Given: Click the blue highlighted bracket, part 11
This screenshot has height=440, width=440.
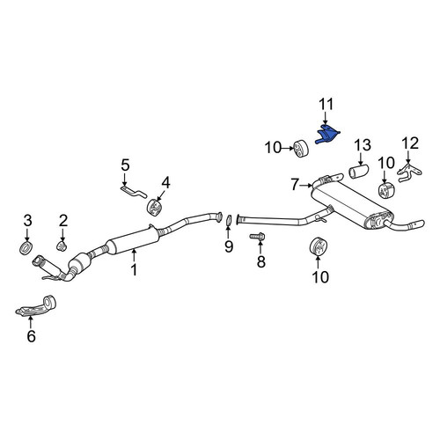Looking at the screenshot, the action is (x=327, y=134).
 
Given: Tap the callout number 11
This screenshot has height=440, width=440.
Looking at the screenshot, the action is (x=326, y=104).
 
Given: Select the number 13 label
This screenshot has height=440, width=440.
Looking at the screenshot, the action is (x=363, y=145).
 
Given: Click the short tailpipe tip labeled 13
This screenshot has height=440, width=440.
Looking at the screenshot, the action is (x=359, y=172).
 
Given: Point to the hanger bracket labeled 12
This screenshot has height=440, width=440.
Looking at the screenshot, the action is (x=409, y=173).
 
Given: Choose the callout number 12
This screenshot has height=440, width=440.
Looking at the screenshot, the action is (x=410, y=143).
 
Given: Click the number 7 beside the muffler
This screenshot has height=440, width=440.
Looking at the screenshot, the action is (x=296, y=185).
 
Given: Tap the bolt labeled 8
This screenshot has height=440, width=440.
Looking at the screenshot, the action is (x=258, y=237).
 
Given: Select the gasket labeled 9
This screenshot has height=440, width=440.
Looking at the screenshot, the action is (x=229, y=221).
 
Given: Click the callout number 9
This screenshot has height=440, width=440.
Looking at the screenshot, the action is (x=229, y=246).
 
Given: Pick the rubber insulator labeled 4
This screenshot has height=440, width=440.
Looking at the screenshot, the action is (x=155, y=206).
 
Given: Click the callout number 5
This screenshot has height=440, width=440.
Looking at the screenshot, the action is (x=125, y=165).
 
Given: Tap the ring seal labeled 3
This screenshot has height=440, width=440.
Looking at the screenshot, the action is (x=26, y=248).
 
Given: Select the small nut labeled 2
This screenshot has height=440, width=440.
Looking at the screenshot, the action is (x=62, y=246).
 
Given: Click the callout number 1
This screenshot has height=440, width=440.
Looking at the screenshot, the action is (x=134, y=270).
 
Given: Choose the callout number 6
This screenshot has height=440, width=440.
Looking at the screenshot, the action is (x=32, y=336).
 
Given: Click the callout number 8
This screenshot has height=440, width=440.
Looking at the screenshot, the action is (x=261, y=261).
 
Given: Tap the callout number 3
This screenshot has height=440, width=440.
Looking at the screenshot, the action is (x=27, y=221).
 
